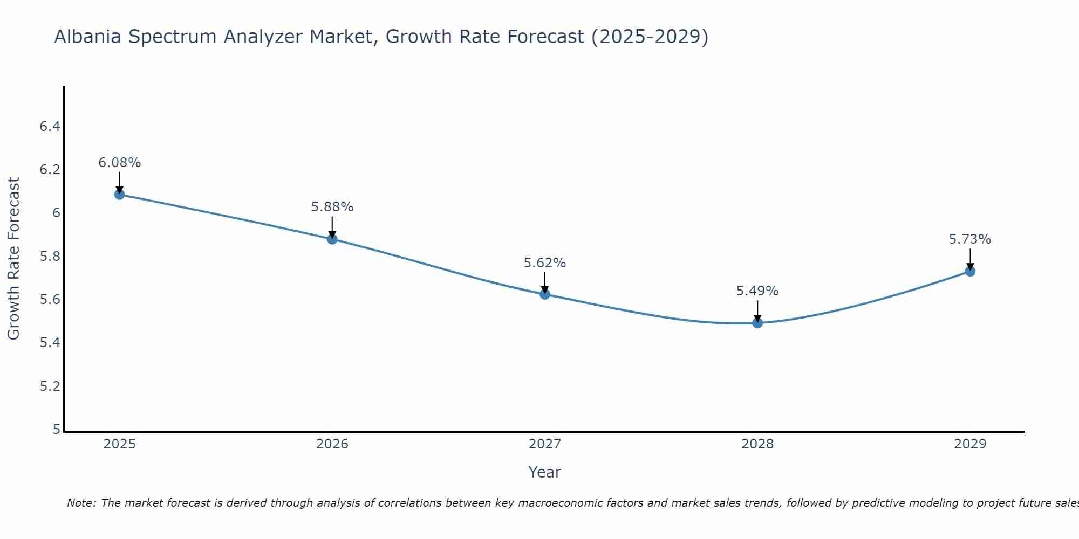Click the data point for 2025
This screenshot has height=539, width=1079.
pos(119,195)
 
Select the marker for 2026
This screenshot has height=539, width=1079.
pos(332,239)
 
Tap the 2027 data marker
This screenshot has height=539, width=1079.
pos(545,294)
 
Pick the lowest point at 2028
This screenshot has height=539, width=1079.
pos(757,323)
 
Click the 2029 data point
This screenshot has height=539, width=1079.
pos(970,271)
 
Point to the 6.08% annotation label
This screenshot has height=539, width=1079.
pos(119,163)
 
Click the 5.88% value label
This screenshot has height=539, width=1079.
pos(332,207)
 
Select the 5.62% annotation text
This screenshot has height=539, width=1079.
pos(545,263)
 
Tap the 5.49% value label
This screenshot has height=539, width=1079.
pos(757,291)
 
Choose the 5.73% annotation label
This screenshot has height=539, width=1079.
pos(970,239)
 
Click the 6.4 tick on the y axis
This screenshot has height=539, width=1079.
pos(50,127)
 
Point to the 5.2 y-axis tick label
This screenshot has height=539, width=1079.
pos(50,386)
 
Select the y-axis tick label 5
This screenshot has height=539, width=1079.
pos(56,430)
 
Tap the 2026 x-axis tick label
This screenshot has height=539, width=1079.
pos(332,444)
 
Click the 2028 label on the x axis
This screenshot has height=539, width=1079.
pos(757,444)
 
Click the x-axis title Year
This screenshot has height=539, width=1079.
pos(545,472)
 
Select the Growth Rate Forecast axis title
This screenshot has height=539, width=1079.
pos(13,259)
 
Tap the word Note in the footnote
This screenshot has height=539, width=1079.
pos(81,503)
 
